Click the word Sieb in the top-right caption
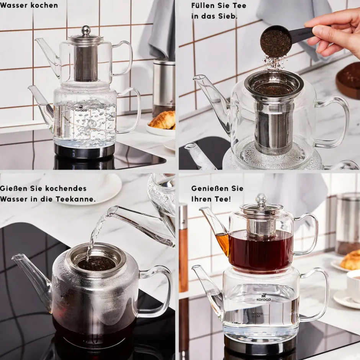coord(225,16)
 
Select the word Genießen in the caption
coord(207,188)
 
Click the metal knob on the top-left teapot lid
coord(86,29)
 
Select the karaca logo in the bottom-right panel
coord(263,297)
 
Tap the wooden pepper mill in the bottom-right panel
coord(183,248)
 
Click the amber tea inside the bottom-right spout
coord(222,243)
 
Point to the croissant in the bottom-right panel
coord(350,260)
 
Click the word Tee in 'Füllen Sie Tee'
coord(240,5)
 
